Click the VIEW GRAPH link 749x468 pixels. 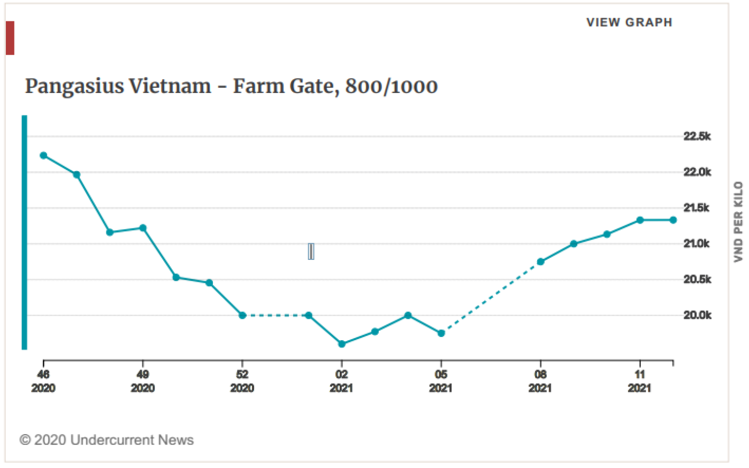pos(629,22)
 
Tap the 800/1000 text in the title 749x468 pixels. pos(391,86)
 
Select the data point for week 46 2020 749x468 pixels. pos(43,156)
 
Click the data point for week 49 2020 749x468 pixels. pos(143,228)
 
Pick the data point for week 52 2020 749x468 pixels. pos(242,316)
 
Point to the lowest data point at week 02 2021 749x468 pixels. pos(342,344)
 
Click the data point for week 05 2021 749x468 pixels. pos(441,333)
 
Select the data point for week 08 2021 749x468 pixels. pos(540,262)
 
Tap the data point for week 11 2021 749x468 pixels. pos(640,220)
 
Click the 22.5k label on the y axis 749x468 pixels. pos(697,136)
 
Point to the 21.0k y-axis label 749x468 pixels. pos(697,244)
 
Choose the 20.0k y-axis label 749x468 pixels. pos(697,316)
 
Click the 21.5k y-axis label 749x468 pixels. pos(697,208)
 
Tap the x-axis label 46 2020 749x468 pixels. pos(43,381)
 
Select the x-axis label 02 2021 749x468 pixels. pos(342,381)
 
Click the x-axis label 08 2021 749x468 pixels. pos(540,381)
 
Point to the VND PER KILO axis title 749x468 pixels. pos(738,221)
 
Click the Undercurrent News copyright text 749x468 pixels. pos(106,440)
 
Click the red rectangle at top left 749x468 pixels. pos(10,38)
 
